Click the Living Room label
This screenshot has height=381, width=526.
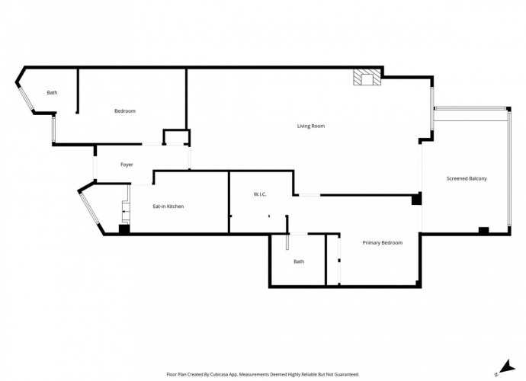tap(311, 126)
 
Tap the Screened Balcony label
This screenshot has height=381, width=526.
tap(467, 178)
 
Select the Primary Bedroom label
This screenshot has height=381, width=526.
tap(382, 242)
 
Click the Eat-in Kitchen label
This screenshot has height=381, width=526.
tap(168, 207)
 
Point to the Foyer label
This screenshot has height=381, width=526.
tap(127, 165)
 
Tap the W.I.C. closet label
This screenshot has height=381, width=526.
tap(260, 194)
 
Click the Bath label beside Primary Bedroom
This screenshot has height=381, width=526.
tap(299, 261)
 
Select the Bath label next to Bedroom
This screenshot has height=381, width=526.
tap(52, 93)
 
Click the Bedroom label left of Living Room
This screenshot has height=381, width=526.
tap(125, 111)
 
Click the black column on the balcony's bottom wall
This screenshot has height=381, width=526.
tap(483, 230)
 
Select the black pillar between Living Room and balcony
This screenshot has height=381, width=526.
tap(416, 200)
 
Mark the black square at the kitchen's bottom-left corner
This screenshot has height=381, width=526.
tap(124, 229)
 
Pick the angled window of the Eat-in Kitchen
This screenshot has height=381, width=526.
tap(89, 208)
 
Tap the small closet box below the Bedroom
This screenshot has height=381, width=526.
tap(176, 137)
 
